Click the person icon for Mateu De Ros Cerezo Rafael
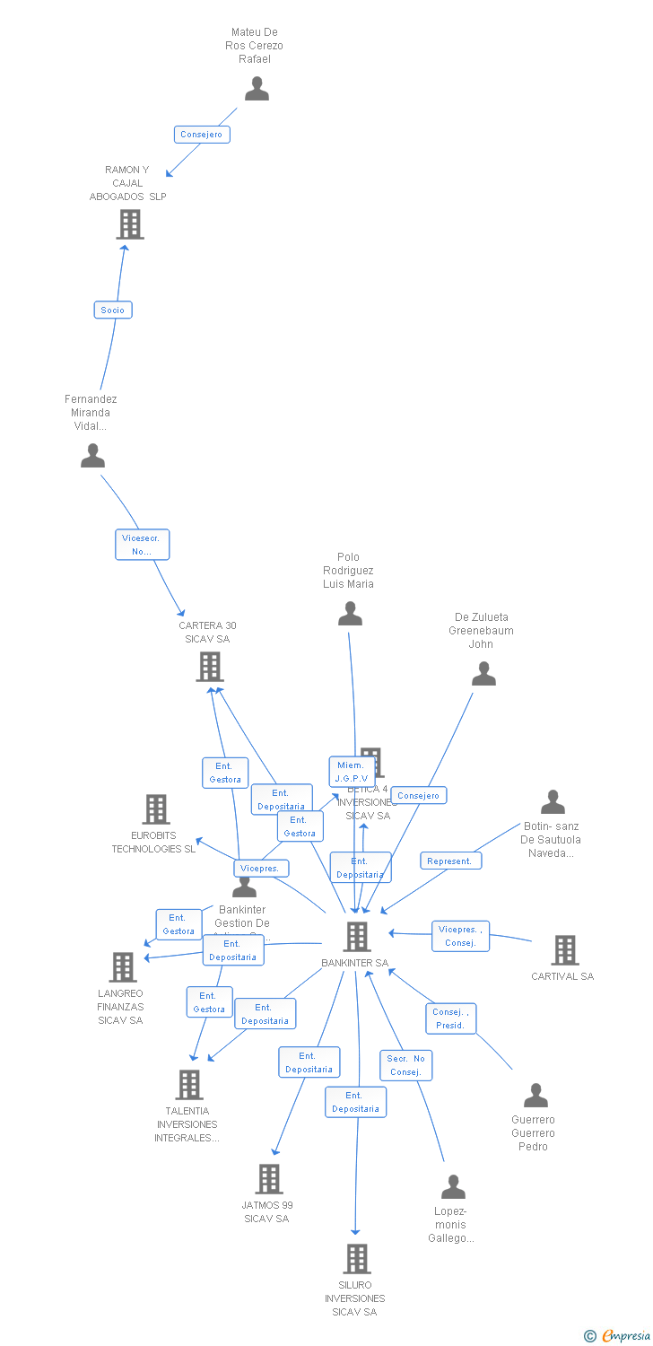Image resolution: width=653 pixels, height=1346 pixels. (257, 89)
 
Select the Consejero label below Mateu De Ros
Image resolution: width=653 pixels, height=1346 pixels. (202, 135)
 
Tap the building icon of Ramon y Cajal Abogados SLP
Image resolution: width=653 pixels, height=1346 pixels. (130, 224)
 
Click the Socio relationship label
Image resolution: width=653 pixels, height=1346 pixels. (113, 310)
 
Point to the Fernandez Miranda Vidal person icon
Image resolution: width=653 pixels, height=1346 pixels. (92, 456)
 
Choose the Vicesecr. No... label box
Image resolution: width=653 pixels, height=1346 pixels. (142, 545)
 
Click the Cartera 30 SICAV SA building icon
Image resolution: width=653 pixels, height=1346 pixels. (209, 667)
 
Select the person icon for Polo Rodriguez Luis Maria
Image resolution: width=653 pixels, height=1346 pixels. (350, 614)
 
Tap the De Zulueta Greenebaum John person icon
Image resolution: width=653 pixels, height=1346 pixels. (483, 674)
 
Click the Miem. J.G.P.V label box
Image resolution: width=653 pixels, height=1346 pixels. (352, 772)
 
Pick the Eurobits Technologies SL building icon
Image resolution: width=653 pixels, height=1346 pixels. (156, 809)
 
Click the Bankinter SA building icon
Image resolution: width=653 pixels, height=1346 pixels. (357, 937)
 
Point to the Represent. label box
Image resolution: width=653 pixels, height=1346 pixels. (450, 861)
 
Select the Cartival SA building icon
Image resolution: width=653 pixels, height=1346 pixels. (564, 950)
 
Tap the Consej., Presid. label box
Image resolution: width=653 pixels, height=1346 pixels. (450, 1018)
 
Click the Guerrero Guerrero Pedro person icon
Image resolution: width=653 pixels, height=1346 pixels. (535, 1096)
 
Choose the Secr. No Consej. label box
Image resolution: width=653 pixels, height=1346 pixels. (405, 1065)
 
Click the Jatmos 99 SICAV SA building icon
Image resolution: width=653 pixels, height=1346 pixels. (269, 1179)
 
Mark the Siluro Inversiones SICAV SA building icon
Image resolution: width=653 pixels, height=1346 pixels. (357, 1259)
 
